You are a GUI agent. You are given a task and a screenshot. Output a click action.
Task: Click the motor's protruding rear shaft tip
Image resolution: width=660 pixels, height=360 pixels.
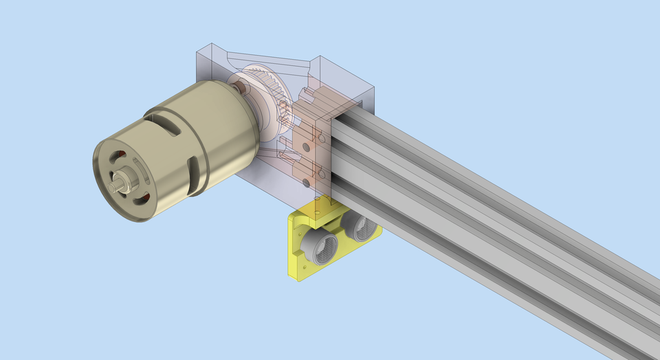pos(114,185)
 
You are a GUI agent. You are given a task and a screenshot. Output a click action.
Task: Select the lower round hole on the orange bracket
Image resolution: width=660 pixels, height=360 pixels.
pos(306,183)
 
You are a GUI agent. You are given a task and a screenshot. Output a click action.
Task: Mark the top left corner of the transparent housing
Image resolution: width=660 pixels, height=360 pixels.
pos(197,47)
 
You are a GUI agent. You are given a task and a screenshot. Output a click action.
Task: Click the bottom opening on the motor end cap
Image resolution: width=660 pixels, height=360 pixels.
pos(142,200)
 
